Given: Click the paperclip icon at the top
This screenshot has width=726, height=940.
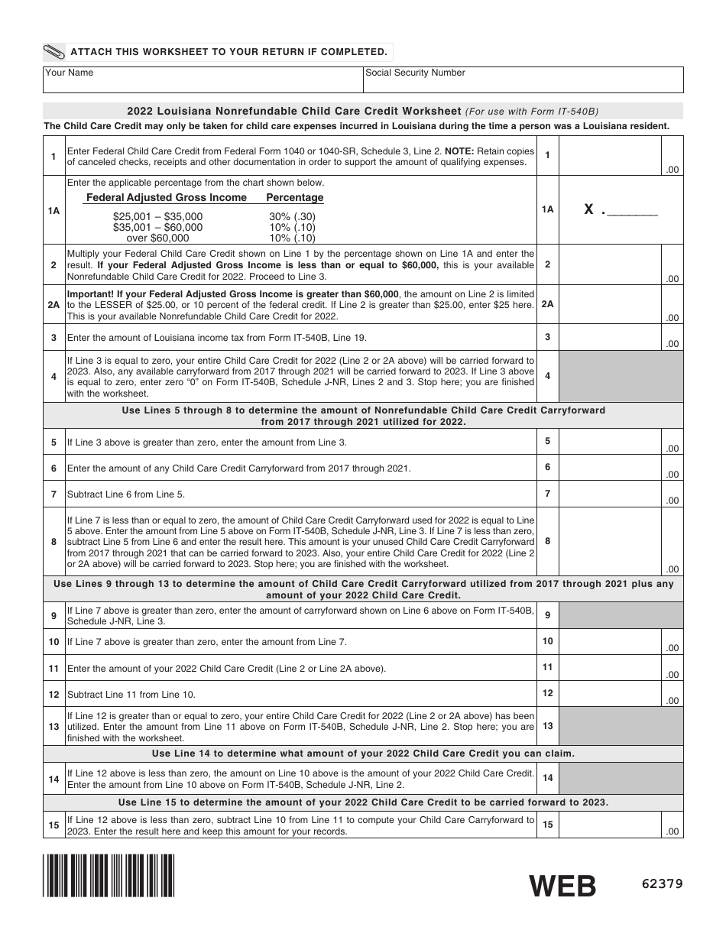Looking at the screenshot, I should (x=55, y=52).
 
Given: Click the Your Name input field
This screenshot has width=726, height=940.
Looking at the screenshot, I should (x=203, y=79).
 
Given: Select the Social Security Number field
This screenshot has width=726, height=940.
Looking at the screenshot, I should (x=523, y=79).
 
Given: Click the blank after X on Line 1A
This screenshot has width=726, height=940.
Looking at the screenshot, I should (x=631, y=210).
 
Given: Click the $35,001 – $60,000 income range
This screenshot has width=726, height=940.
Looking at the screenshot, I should (x=157, y=227).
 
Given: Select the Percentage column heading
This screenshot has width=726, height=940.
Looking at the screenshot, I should (x=294, y=197).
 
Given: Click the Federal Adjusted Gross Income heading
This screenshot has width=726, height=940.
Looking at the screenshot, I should (x=167, y=197).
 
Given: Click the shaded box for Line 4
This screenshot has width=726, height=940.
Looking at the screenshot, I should (x=621, y=376).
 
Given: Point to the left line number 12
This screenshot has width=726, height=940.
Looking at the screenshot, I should (x=53, y=695).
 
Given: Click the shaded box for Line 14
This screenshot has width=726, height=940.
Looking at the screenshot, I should (x=621, y=779).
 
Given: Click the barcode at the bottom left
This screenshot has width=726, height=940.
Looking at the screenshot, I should (x=109, y=875).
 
